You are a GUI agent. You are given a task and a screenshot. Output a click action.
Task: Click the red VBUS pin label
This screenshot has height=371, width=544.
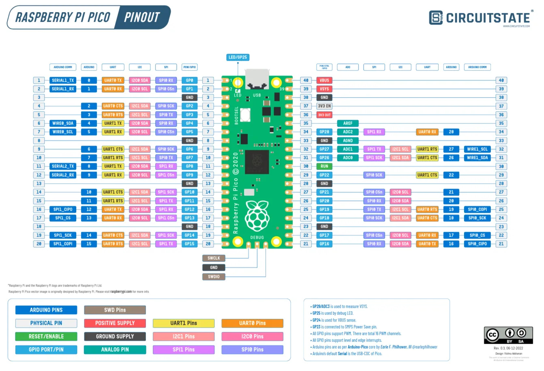coord(324,80)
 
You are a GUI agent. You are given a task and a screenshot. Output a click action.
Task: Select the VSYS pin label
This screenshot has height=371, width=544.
coord(324,89)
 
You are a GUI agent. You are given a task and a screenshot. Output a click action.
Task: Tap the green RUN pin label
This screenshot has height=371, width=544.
coord(324,166)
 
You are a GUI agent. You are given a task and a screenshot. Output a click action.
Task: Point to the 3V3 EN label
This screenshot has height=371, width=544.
coord(324,106)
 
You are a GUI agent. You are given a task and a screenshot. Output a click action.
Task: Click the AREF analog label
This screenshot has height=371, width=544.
coord(348,123)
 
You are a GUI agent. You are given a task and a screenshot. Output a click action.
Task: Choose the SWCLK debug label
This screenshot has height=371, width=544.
coord(214,258)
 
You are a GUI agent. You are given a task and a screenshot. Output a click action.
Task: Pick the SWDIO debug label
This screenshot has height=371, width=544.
coord(214,277)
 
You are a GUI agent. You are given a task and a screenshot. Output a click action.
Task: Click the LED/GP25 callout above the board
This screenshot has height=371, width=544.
coord(238,57)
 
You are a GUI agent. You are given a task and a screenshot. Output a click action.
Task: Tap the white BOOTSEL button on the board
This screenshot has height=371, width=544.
coord(245,115)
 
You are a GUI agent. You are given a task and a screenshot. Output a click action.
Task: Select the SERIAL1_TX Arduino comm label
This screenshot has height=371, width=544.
coord(63,80)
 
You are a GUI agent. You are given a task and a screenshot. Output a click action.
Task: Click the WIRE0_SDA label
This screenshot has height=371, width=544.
coord(63,123)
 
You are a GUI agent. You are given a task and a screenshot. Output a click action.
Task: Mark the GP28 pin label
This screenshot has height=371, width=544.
coord(324,132)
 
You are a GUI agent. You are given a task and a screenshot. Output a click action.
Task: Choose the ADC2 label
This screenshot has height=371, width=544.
coord(348,132)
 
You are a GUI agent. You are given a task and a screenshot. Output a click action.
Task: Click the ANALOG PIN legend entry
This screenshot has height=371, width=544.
coord(115,350)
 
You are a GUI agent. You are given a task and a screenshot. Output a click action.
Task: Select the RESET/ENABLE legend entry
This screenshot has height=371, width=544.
coord(46,337)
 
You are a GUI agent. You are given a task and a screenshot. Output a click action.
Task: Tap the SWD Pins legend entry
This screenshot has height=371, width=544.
coord(115,310)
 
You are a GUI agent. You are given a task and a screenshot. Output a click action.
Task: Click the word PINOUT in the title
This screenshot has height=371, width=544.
coord(142,17)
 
